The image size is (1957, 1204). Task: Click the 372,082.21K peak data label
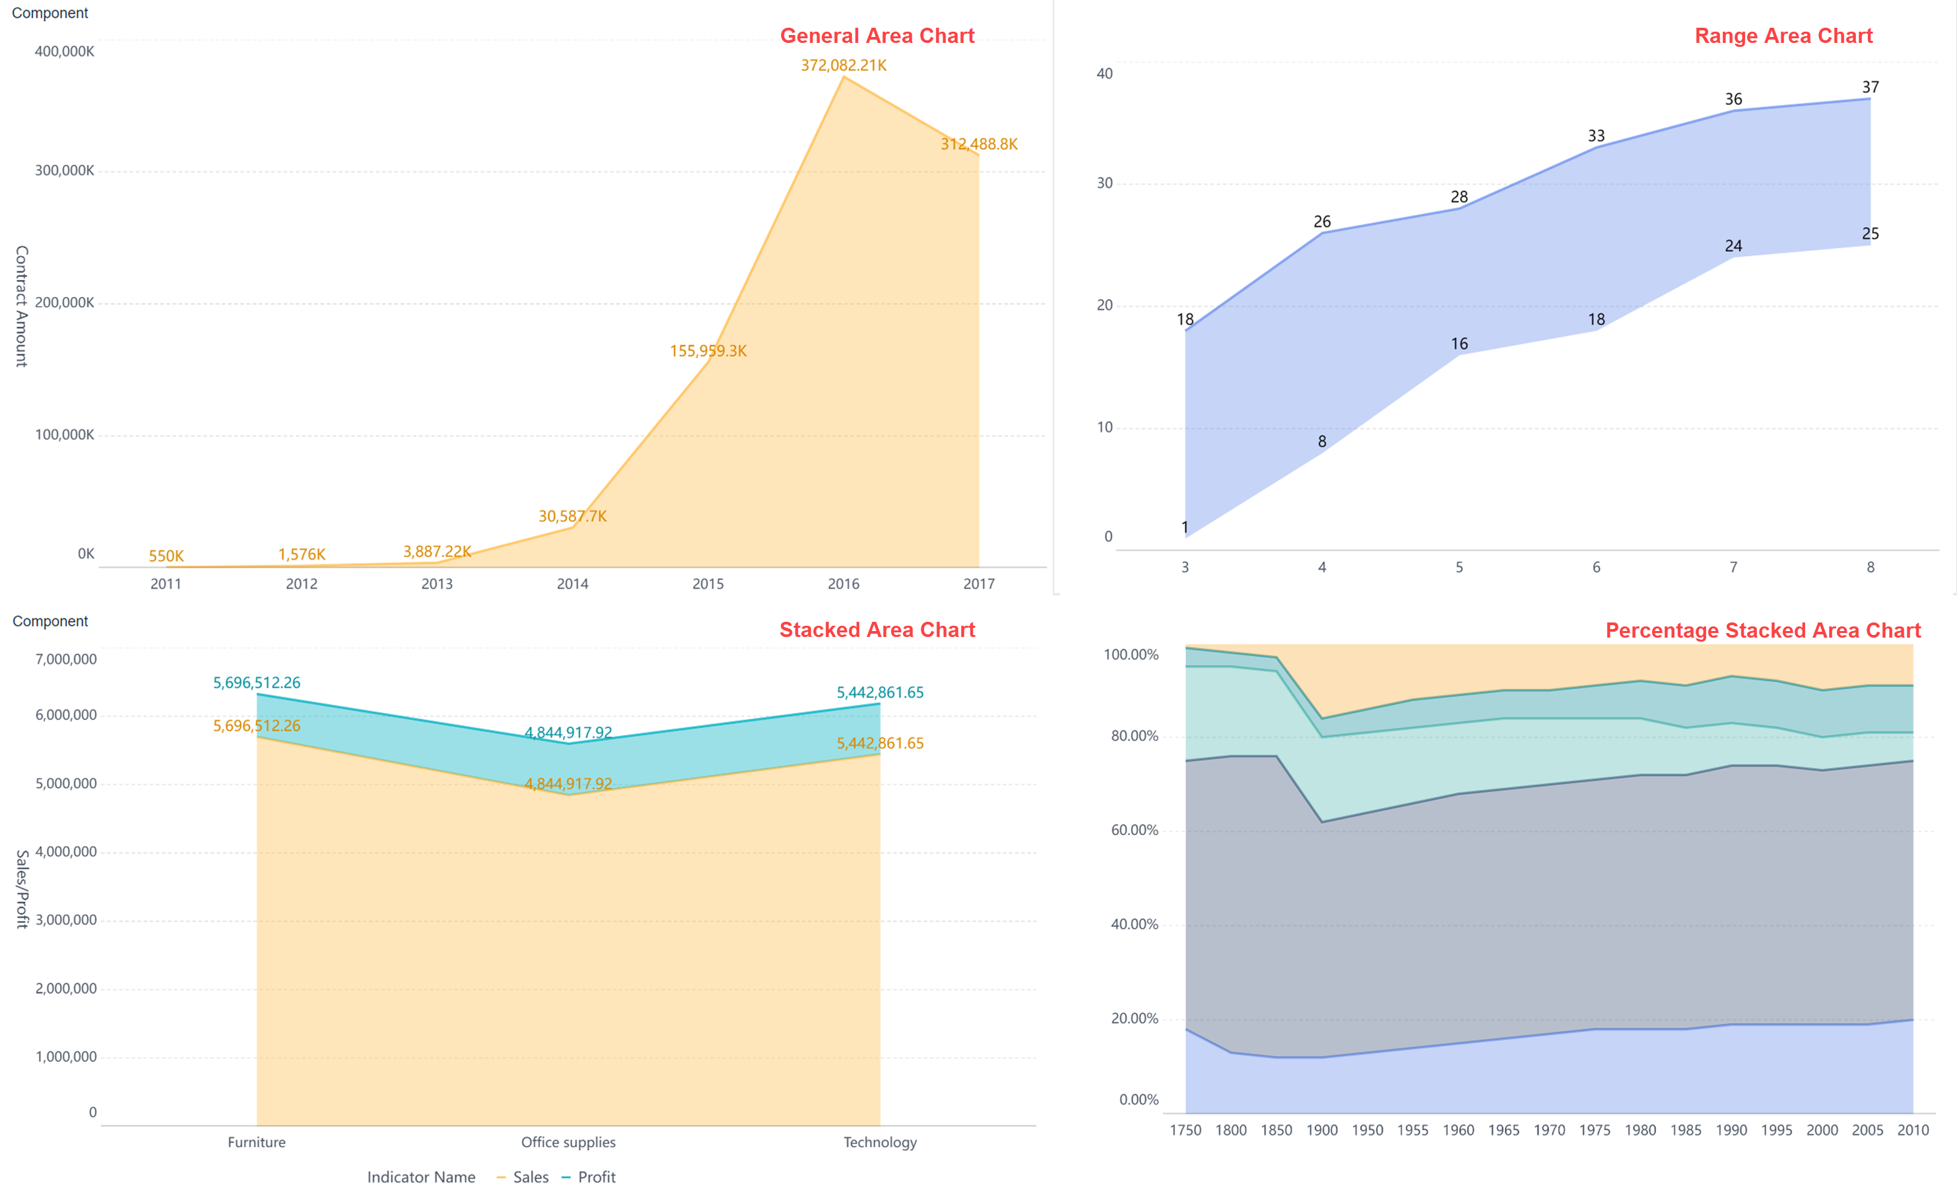[843, 65]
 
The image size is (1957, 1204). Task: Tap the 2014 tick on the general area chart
[572, 584]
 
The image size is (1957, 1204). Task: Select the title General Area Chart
[877, 36]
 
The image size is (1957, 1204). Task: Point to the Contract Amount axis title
[22, 306]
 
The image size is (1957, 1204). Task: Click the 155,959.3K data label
[708, 351]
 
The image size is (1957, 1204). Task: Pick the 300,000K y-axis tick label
[65, 170]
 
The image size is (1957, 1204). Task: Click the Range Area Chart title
[1783, 36]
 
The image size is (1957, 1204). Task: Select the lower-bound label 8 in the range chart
[1321, 441]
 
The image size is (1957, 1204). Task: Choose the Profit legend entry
[589, 1177]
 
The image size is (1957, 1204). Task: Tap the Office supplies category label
[568, 1142]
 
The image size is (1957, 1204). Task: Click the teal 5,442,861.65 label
[880, 692]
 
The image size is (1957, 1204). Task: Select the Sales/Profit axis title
[22, 888]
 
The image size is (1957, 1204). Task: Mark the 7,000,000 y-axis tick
[66, 659]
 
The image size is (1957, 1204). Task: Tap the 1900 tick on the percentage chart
[1321, 1130]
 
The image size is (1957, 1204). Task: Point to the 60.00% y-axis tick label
[1134, 830]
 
